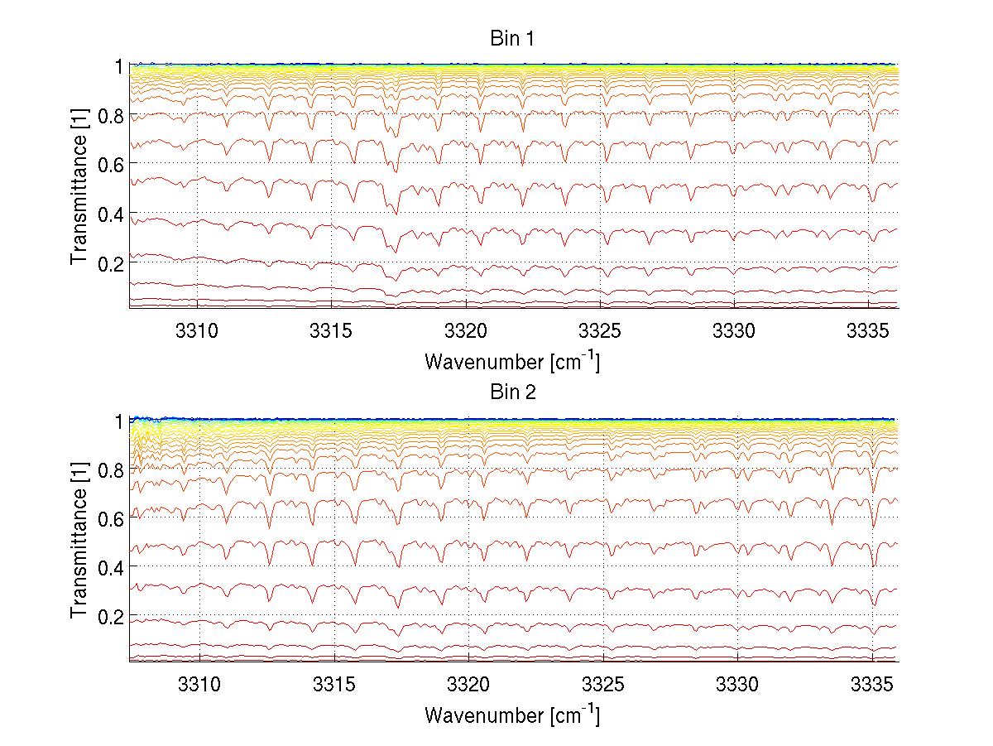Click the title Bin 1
512,39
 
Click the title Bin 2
512,392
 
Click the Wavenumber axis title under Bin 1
512,361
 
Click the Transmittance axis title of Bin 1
79,186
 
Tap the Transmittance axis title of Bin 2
79,540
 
